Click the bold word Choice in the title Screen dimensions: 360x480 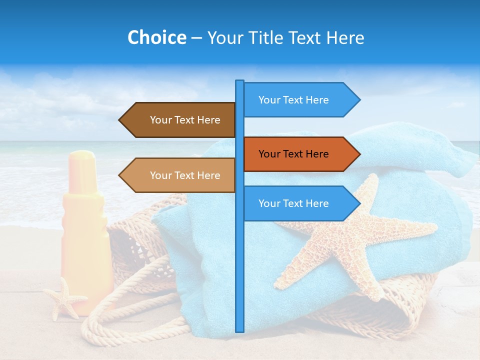tap(156, 37)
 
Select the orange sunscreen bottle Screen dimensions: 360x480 tap(86, 240)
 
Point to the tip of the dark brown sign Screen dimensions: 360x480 tap(120, 120)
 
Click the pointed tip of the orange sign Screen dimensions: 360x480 tap(358, 154)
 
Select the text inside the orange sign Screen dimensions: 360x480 tap(293, 154)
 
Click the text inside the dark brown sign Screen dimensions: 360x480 tap(185, 120)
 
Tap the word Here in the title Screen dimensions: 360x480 tap(345, 37)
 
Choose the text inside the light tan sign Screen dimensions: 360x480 tap(185, 175)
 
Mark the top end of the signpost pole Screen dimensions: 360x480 tap(239, 81)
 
